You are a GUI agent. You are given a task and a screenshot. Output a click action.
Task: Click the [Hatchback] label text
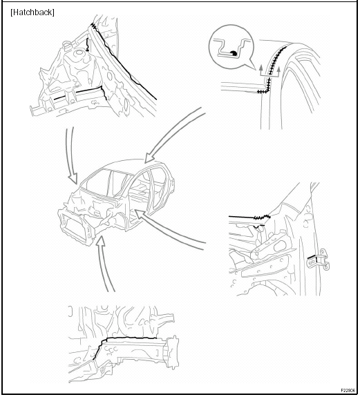coord(32,12)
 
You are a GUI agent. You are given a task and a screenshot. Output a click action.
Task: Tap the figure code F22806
coord(348,390)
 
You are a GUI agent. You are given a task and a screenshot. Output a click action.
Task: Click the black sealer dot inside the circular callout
coord(234,53)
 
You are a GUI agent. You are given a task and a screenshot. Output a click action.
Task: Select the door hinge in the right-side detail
coord(319,260)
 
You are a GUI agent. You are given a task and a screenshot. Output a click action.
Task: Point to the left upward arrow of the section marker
coord(261,69)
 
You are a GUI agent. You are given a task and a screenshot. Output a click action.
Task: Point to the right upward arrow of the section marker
coord(278,70)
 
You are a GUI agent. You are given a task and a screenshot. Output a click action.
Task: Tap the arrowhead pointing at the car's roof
coord(149,157)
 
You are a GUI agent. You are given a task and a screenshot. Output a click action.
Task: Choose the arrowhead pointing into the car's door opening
coord(139,214)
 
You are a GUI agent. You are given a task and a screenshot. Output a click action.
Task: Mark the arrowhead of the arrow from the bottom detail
coord(100,241)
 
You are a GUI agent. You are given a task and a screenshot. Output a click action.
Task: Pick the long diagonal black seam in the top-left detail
coord(124,61)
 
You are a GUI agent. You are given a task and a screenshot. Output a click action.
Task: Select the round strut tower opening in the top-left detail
coord(79,53)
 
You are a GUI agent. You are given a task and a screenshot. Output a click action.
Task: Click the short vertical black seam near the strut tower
coord(88,44)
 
